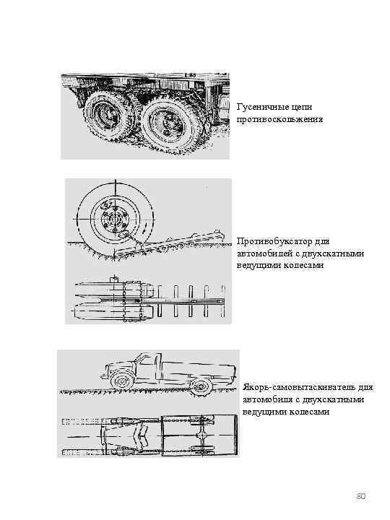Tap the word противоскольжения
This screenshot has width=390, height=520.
[x=280, y=119]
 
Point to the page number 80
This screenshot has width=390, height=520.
[x=361, y=496]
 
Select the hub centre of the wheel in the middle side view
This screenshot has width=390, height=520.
[x=115, y=220]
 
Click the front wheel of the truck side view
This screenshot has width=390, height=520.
[x=120, y=381]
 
